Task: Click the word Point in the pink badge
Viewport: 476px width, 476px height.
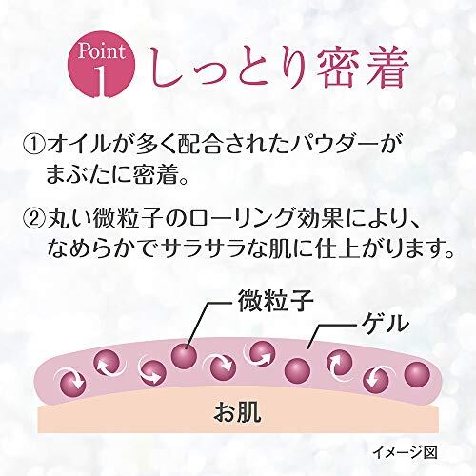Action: click(102, 51)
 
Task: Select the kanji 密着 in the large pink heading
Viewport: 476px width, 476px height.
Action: click(362, 69)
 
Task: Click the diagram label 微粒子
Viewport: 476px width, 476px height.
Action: click(276, 301)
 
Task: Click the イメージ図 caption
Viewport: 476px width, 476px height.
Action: click(405, 452)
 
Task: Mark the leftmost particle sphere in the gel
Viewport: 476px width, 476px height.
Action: click(72, 384)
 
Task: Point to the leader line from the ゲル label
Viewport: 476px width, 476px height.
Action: click(330, 332)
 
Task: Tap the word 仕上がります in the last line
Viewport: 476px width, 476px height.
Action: click(380, 248)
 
